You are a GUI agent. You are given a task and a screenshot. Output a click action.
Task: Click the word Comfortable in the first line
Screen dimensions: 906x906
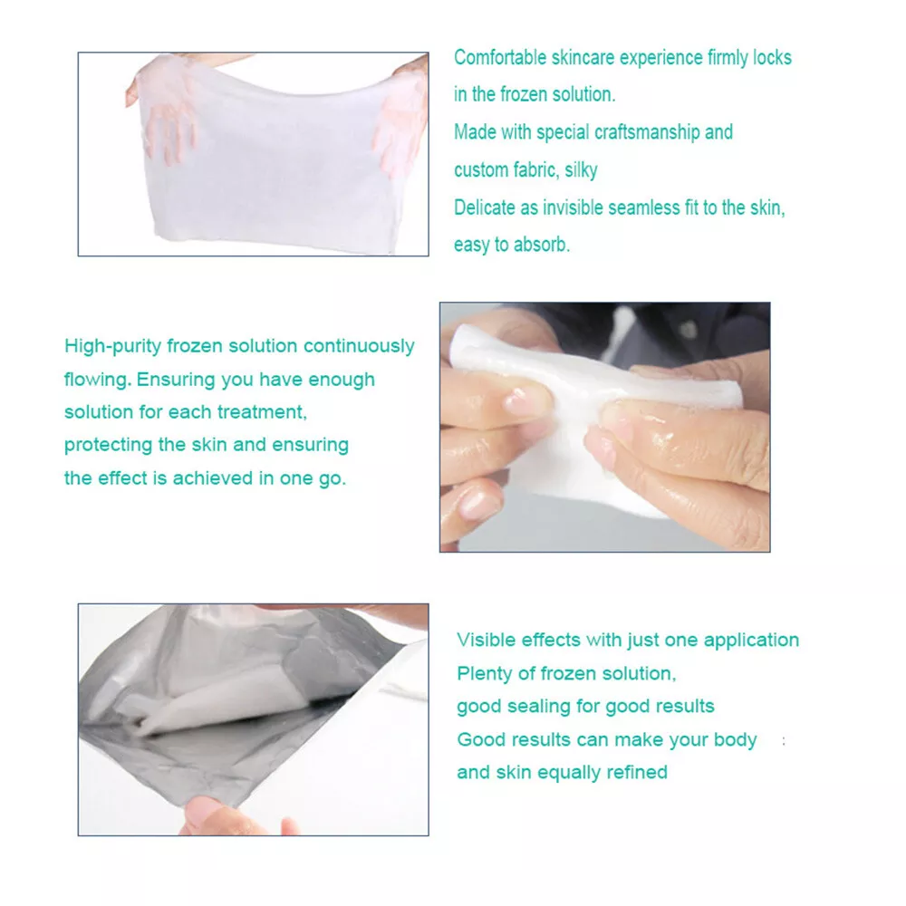pyautogui.click(x=500, y=58)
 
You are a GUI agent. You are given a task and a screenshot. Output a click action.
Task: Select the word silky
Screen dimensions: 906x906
pyautogui.click(x=581, y=170)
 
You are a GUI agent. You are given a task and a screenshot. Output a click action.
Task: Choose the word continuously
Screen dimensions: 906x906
pyautogui.click(x=359, y=346)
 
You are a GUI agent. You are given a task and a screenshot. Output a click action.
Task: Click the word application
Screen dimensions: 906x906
pyautogui.click(x=751, y=641)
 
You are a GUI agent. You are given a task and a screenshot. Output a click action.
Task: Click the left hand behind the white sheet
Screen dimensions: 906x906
pyautogui.click(x=161, y=110)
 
